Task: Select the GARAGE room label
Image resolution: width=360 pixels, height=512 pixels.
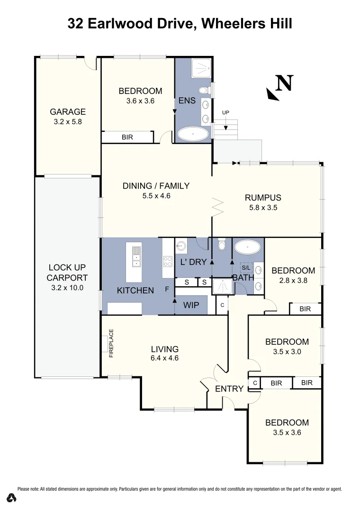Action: point(68,112)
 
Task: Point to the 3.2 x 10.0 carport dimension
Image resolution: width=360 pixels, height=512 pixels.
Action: point(68,287)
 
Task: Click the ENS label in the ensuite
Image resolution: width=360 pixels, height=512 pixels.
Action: point(187,101)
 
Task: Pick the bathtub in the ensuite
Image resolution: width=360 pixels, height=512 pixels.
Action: point(193,134)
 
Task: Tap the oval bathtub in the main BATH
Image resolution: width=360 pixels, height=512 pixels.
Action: point(247,247)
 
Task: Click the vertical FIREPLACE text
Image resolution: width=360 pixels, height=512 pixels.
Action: point(112,343)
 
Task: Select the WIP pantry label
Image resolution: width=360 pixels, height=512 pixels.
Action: point(191,305)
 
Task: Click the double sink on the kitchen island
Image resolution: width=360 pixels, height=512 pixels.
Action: point(136,257)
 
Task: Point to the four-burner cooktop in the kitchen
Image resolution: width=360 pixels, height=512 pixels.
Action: point(168,262)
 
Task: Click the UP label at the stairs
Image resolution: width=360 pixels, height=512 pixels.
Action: point(225,112)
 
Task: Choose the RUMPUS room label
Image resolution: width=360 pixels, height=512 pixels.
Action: point(263,198)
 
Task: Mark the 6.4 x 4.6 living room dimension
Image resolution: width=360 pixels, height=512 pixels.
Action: point(164,358)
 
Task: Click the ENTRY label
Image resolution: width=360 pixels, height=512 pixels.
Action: point(229,389)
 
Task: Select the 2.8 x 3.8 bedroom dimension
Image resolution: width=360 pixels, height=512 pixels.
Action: point(293,280)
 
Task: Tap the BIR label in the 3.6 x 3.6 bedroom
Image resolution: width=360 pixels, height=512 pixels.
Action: point(127,137)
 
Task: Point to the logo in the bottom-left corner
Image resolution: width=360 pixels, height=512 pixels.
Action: point(12,498)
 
